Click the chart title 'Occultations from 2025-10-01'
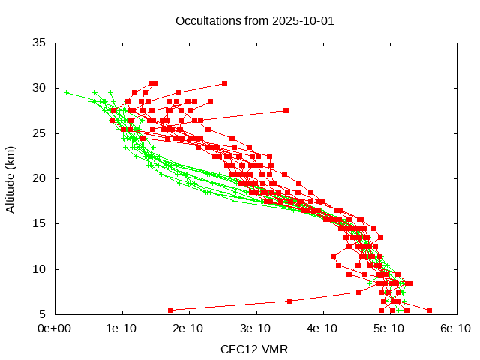click(254, 20)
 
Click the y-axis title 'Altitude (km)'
click(11, 178)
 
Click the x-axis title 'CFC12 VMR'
click(254, 349)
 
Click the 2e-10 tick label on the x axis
click(188, 328)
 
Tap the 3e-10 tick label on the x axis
click(255, 328)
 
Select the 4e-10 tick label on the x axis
click(322, 328)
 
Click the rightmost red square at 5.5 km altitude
click(429, 310)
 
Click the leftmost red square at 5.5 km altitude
click(170, 310)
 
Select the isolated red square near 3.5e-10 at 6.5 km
click(290, 301)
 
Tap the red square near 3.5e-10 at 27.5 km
click(286, 110)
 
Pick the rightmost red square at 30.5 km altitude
click(224, 83)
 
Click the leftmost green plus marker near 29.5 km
click(67, 92)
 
